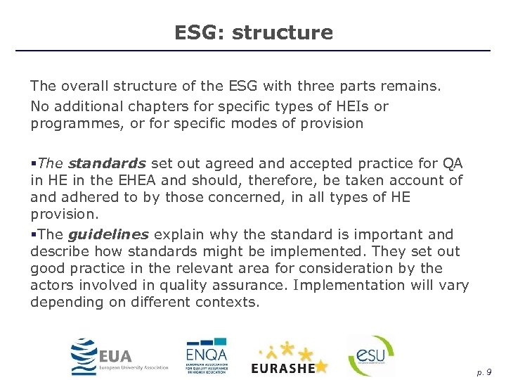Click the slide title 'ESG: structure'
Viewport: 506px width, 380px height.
(253, 32)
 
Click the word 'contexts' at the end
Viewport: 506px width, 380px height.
(231, 303)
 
